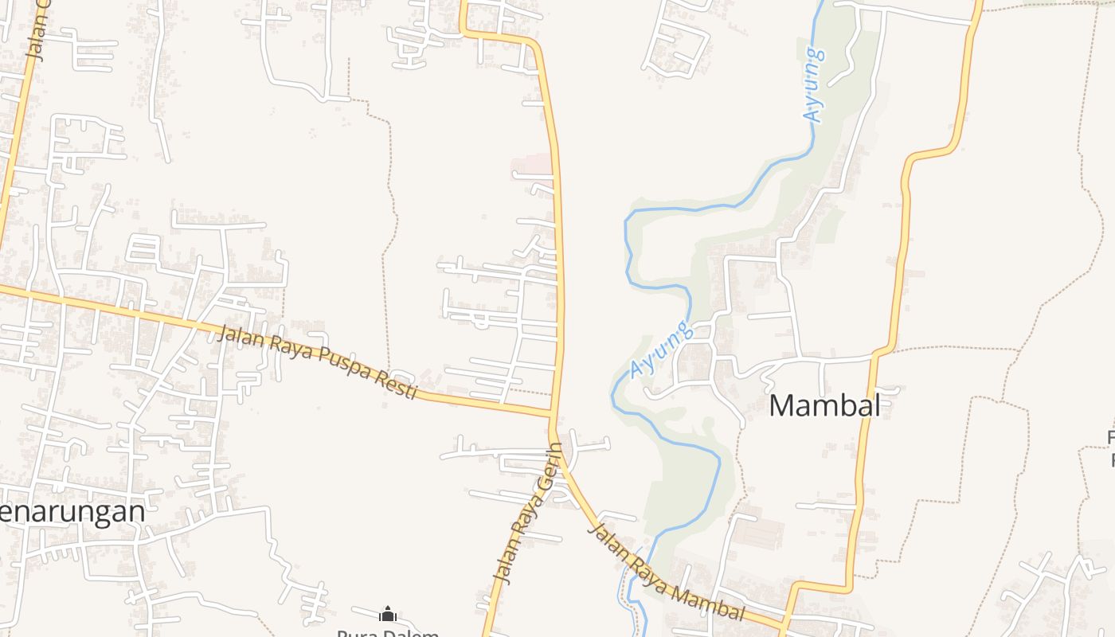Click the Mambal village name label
coord(824,406)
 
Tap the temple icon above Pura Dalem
coord(388,615)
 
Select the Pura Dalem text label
coord(388,634)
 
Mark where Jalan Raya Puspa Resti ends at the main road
coord(553,415)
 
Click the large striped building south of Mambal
coord(759,532)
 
